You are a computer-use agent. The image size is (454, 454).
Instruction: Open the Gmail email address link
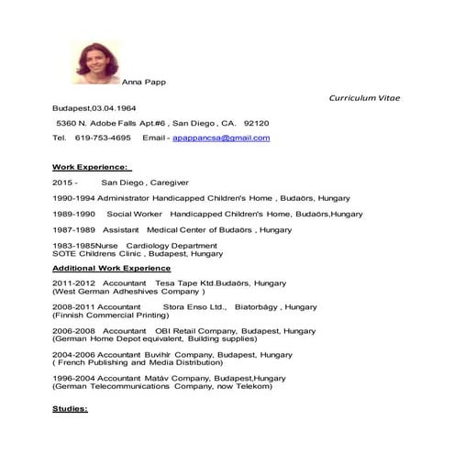pyautogui.click(x=221, y=138)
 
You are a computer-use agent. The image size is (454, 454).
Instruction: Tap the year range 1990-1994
pyautogui.click(x=73, y=197)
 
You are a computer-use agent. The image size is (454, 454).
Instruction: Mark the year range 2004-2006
pyautogui.click(x=73, y=354)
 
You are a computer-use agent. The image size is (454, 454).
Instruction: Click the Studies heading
pyautogui.click(x=70, y=408)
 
